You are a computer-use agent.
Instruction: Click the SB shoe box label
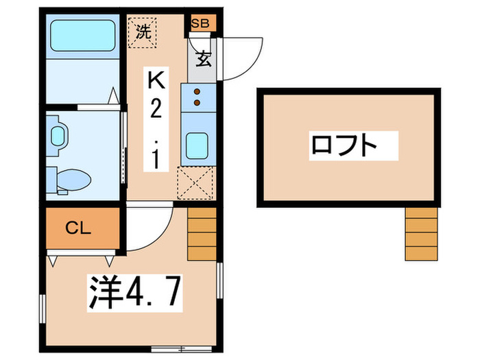tap(201, 23)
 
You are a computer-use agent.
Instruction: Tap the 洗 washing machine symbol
tap(143, 31)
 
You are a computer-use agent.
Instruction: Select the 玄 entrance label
tap(203, 58)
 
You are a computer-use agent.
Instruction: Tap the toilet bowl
tap(71, 180)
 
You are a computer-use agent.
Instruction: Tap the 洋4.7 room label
tap(134, 293)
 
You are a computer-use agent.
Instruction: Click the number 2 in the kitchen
tap(156, 111)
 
